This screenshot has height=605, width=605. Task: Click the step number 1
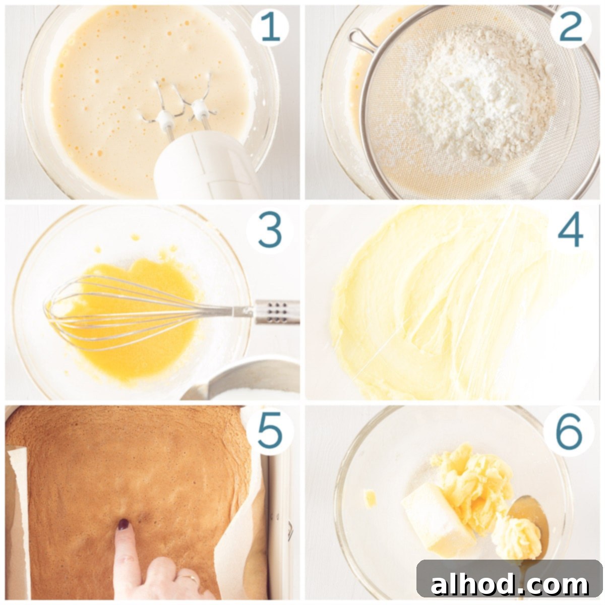(270, 28)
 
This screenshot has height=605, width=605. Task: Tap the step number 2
(571, 28)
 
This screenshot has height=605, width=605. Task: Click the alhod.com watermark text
(509, 585)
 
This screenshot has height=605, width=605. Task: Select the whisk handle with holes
(275, 311)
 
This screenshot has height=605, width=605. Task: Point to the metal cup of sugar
(247, 381)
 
